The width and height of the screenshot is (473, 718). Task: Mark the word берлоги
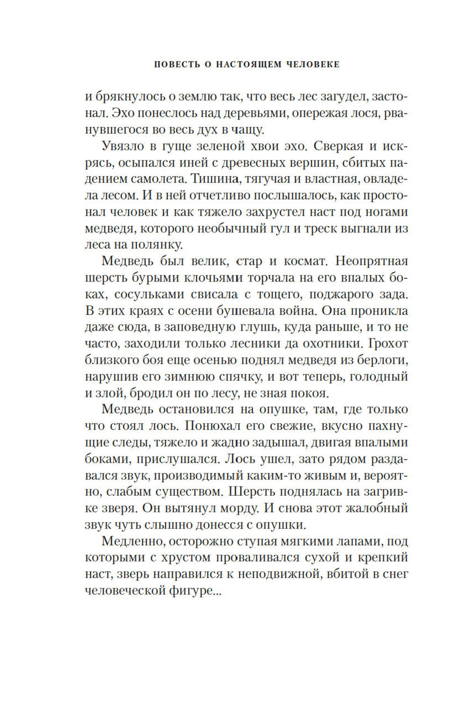coord(381,359)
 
